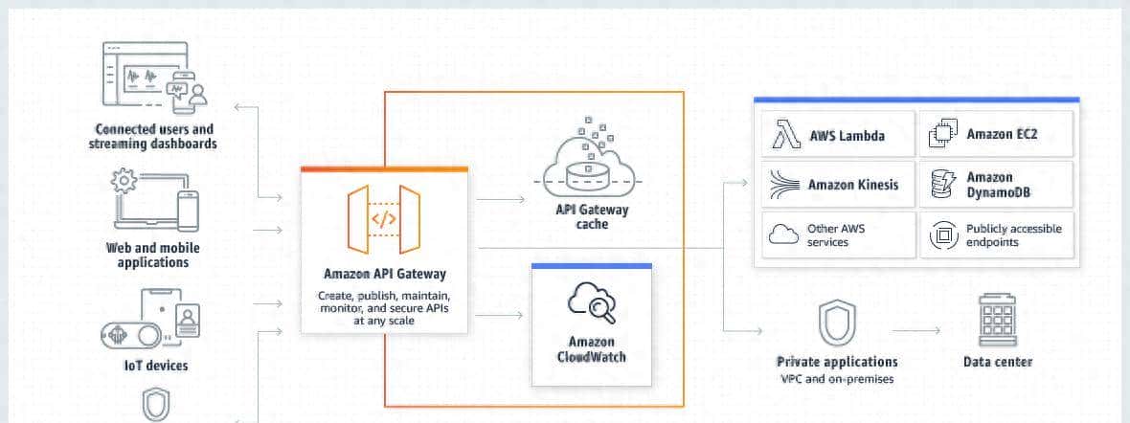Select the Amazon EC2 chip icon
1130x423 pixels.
[943, 135]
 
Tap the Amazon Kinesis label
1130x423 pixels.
[853, 184]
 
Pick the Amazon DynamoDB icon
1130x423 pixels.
[943, 184]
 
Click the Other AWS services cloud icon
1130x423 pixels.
[784, 234]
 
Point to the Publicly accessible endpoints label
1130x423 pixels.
[1013, 235]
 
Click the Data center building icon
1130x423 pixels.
[997, 319]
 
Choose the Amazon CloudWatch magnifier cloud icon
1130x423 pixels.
[591, 304]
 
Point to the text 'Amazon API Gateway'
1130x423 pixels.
[384, 275]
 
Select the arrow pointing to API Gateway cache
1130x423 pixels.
[500, 199]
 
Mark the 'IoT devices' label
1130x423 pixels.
[155, 366]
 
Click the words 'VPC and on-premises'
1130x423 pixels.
[837, 379]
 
